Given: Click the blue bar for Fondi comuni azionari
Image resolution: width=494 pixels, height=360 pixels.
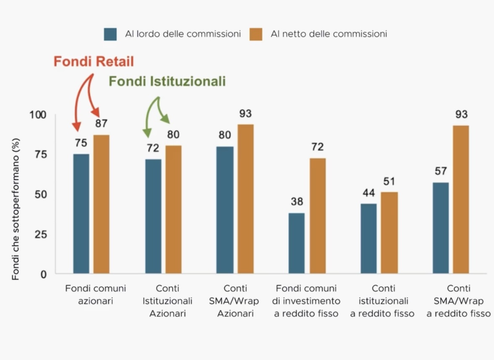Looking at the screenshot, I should pyautogui.click(x=81, y=214).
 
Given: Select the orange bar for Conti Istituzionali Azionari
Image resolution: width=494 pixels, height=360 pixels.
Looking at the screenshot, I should pyautogui.click(x=173, y=210).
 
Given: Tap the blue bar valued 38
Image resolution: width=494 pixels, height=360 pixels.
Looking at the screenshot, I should pyautogui.click(x=297, y=243).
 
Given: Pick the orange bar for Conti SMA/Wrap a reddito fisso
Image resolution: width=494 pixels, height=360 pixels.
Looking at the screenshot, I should pyautogui.click(x=461, y=200).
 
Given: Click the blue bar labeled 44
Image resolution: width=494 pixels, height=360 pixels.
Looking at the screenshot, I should pyautogui.click(x=369, y=239).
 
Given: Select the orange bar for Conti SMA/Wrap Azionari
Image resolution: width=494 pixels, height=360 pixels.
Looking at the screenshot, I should pyautogui.click(x=246, y=199).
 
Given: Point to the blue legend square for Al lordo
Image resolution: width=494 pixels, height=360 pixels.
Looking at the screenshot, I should pyautogui.click(x=110, y=34).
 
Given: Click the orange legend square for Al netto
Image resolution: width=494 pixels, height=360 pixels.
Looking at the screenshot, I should pyautogui.click(x=255, y=34).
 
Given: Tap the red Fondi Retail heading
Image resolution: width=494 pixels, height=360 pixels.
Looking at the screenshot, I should pyautogui.click(x=94, y=62).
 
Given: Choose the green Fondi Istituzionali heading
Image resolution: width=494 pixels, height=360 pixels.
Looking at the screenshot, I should pyautogui.click(x=167, y=81).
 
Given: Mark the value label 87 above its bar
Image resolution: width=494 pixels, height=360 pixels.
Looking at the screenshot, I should pyautogui.click(x=101, y=124).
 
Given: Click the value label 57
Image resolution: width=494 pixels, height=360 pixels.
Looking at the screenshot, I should pyautogui.click(x=441, y=171).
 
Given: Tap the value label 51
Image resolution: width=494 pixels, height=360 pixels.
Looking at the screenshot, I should pyautogui.click(x=389, y=181).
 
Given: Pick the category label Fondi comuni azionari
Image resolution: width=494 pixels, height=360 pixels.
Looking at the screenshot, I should pyautogui.click(x=96, y=295).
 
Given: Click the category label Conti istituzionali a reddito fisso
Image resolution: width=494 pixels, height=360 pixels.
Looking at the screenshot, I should pyautogui.click(x=382, y=301).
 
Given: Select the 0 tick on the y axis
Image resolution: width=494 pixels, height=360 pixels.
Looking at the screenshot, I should pyautogui.click(x=43, y=274).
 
